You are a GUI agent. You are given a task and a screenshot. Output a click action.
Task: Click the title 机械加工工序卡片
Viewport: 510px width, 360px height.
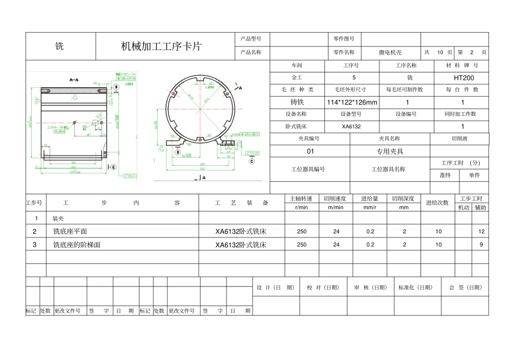coord(161,46)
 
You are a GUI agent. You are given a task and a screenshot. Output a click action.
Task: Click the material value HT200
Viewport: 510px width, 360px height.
coord(464,78)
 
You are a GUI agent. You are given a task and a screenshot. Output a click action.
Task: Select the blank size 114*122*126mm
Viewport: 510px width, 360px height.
coord(352,102)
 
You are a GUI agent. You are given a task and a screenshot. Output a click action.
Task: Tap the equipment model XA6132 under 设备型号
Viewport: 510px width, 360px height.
coord(352,127)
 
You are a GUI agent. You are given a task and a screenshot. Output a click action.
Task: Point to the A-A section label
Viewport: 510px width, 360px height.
coord(75,79)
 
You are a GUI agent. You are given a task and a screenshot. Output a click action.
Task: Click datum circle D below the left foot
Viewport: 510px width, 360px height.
coord(178,152)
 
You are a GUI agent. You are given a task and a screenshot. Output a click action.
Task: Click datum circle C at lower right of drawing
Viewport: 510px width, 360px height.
coord(251,160)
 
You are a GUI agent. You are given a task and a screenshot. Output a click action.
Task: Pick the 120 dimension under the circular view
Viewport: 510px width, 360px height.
coord(203,168)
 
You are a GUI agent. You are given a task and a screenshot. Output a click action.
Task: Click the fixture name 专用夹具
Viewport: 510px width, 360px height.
coord(390,151)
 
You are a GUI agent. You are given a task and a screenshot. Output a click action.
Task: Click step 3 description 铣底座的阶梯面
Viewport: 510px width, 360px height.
coord(77,245)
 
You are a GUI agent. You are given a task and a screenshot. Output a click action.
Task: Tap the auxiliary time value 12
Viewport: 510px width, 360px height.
coord(481,231)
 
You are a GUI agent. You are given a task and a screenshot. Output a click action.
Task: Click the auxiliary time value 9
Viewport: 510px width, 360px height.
coord(481,245)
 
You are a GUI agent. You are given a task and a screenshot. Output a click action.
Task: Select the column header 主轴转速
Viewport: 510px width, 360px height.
coord(301,199)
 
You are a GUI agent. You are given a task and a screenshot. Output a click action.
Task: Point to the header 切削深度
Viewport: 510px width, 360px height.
coord(404,199)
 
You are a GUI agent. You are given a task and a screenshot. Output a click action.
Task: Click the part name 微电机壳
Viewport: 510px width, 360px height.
coord(390,53)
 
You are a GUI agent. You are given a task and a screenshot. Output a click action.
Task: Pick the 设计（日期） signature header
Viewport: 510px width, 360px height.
coord(275,288)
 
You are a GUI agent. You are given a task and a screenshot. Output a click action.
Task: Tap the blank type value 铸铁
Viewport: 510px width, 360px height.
coord(297,102)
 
